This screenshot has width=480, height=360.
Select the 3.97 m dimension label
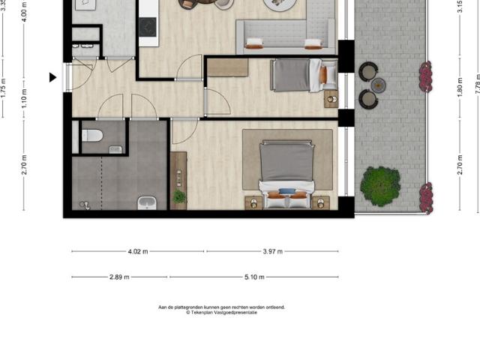pos(273,251)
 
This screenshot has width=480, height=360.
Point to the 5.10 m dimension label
pos(255,277)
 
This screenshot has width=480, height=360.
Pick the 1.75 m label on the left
pos(3,90)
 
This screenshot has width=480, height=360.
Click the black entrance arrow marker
pos(53,77)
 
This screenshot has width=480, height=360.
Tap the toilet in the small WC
pos(92,136)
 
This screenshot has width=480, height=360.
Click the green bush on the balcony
pos(379,186)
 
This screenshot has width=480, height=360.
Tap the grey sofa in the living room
pos(285,36)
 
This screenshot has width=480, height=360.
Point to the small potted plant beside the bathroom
pos(179,196)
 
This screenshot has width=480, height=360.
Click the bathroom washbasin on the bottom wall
pos(146,202)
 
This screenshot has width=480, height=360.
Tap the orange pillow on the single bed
pos(323,74)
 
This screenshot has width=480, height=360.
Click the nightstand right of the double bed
pos(320,202)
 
